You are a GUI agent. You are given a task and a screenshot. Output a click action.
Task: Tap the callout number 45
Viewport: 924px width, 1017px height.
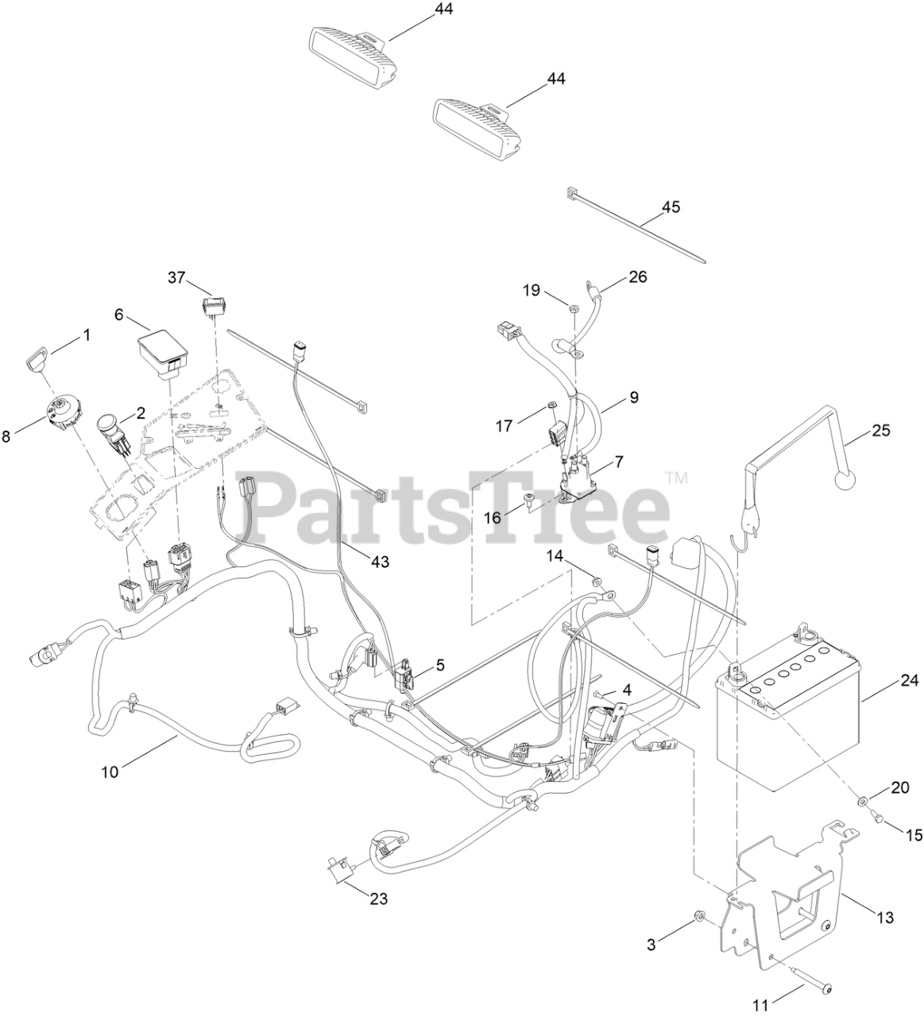671,207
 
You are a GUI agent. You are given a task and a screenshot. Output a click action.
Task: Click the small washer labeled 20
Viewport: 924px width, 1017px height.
861,802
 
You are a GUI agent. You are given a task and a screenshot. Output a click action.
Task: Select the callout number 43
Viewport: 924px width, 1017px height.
381,561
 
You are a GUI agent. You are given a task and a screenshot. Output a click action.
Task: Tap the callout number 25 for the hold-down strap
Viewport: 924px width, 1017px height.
881,430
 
